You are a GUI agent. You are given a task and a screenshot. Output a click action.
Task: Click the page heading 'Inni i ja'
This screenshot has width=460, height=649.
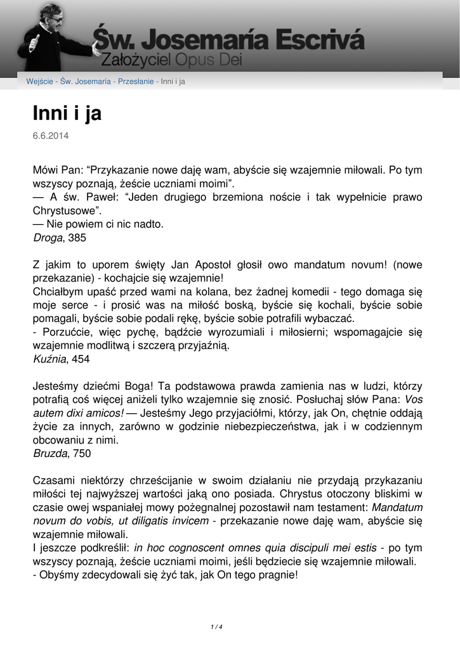point(67,114)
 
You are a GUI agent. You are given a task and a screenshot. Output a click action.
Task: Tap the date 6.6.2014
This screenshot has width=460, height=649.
point(51,136)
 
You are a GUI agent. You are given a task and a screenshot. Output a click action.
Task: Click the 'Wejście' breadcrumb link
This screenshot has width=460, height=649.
point(39,82)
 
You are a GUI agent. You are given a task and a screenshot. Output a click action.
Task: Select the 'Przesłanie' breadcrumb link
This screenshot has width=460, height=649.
point(136,82)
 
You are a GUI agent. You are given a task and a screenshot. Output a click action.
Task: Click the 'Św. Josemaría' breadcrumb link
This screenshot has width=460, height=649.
point(86,82)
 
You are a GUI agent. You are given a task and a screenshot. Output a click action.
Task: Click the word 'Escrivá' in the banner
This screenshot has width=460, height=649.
point(317,41)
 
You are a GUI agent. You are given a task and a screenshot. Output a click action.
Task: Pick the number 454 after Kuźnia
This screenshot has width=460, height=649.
point(81,359)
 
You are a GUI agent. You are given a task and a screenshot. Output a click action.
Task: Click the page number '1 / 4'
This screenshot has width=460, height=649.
point(216,627)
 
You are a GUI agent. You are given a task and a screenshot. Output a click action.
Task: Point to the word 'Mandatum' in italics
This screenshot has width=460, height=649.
point(397,508)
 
